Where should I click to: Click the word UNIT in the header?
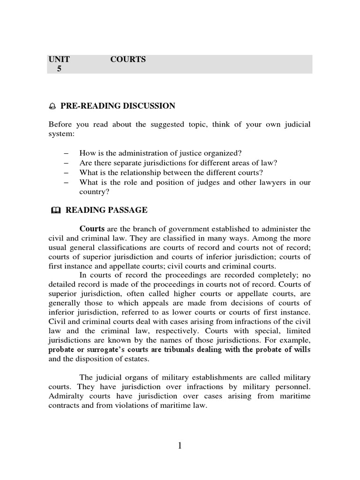59,60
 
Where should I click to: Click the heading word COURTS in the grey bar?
128,60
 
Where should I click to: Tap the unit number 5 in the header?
59,68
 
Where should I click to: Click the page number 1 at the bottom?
180,446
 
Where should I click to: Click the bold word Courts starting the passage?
92,229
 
